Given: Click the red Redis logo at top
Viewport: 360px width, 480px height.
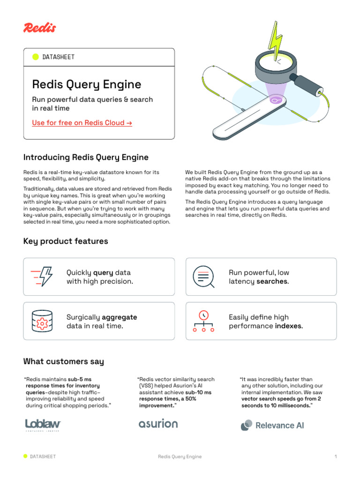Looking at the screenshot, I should (39, 28).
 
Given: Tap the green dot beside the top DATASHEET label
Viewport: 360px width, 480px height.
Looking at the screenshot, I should (36, 57).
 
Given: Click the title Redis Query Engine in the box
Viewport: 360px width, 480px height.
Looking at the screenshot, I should (87, 84).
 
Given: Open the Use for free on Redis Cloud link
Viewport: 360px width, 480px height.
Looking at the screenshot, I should (82, 123).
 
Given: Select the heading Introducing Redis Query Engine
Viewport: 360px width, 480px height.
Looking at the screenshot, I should (86, 157).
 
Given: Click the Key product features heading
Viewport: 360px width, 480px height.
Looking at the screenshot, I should (66, 241).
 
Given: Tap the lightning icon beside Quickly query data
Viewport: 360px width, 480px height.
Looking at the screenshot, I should (42, 277).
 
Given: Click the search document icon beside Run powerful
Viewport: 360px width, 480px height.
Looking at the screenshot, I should (203, 277).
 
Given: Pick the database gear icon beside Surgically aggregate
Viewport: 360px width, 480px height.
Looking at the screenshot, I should (42, 321).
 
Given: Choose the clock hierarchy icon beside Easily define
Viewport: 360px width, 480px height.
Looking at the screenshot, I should (203, 321).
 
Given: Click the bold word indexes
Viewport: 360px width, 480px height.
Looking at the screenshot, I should (288, 326).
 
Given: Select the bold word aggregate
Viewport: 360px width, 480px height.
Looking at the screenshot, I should (120, 317).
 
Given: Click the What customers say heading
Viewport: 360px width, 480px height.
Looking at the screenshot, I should (64, 361).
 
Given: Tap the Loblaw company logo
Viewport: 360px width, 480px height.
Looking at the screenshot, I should (43, 425).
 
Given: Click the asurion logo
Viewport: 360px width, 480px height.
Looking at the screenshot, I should (158, 424).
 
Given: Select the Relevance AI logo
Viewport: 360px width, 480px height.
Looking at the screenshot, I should (272, 425).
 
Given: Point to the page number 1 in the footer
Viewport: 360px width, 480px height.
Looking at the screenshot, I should (336, 457).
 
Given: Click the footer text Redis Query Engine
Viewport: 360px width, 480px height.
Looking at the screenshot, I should (180, 457).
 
